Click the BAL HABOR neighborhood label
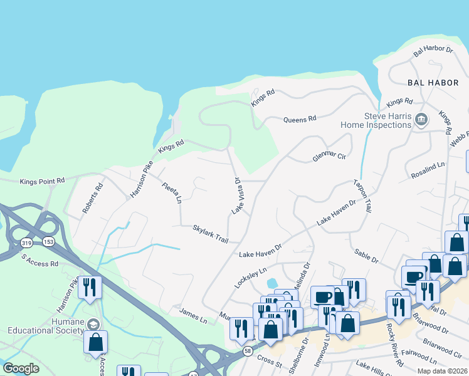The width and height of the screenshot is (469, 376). pyautogui.click(x=429, y=82)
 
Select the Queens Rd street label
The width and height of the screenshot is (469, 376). pyautogui.click(x=300, y=118)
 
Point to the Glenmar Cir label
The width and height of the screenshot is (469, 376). pyautogui.click(x=329, y=155)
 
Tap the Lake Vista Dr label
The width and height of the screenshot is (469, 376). pyautogui.click(x=237, y=196)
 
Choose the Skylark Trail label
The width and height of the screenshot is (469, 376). pyautogui.click(x=210, y=234)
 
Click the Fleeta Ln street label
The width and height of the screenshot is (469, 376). pyautogui.click(x=171, y=193)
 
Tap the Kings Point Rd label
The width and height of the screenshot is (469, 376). pyautogui.click(x=42, y=181)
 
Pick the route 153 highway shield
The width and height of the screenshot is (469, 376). pyautogui.click(x=48, y=242)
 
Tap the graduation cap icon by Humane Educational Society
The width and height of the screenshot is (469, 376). pyautogui.click(x=93, y=324)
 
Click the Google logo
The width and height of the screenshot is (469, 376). pyautogui.click(x=21, y=368)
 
